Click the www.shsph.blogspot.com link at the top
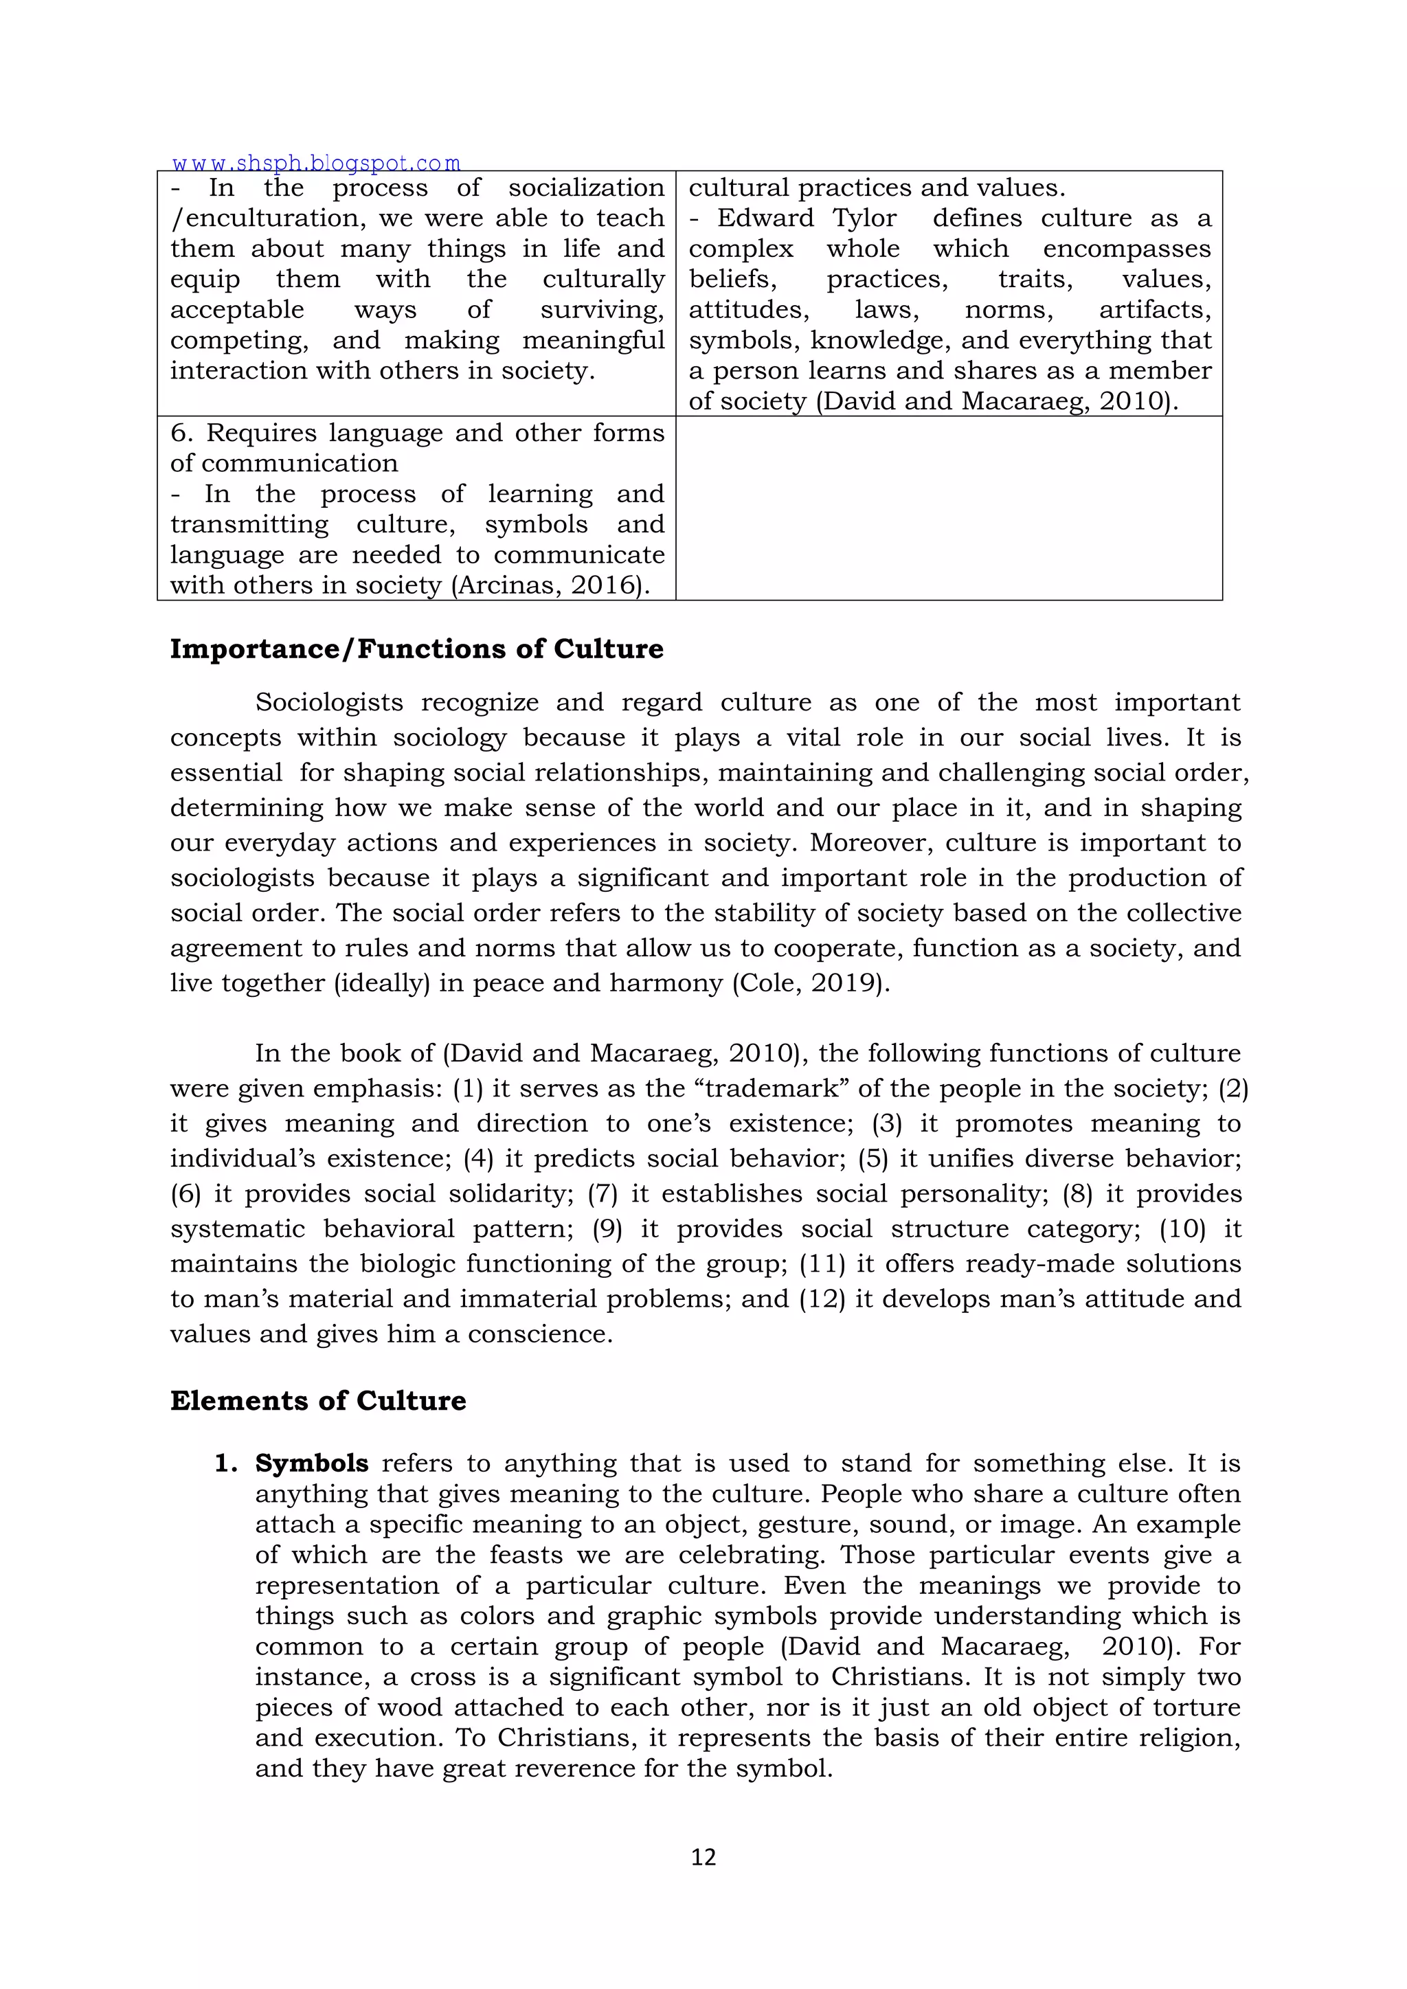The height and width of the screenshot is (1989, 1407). pyautogui.click(x=316, y=163)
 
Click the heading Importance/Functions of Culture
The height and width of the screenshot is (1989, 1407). pyautogui.click(x=417, y=649)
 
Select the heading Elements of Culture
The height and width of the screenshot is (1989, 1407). pyautogui.click(x=318, y=1401)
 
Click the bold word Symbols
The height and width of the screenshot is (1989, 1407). pyautogui.click(x=312, y=1463)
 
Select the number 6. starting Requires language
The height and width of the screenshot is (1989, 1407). pyautogui.click(x=182, y=433)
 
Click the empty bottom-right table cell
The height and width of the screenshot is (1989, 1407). pyautogui.click(x=949, y=508)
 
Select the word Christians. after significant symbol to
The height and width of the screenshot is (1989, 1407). pyautogui.click(x=900, y=1676)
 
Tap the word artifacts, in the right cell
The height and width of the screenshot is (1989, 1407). pyautogui.click(x=1155, y=310)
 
